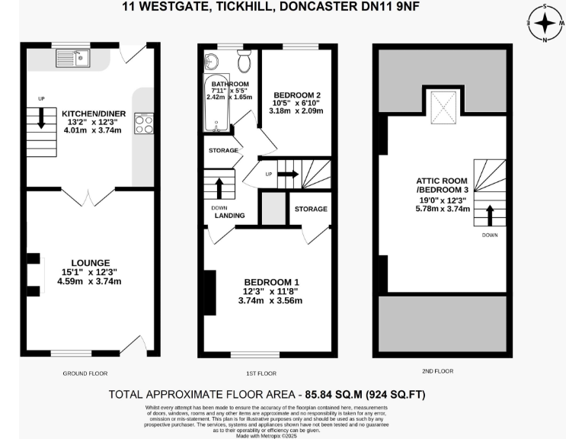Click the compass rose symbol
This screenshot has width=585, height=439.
(545, 23)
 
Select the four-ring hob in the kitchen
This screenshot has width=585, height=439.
(144, 123)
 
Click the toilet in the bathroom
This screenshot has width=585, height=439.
(245, 61)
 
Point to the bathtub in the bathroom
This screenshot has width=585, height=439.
(211, 104)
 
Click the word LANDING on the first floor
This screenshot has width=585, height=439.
(229, 216)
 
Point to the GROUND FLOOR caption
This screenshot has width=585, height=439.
(85, 373)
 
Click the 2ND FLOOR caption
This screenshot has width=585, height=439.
(437, 371)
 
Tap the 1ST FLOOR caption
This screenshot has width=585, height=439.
(261, 373)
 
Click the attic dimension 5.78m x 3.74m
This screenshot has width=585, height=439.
(443, 207)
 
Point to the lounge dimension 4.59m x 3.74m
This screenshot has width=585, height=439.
(89, 281)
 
